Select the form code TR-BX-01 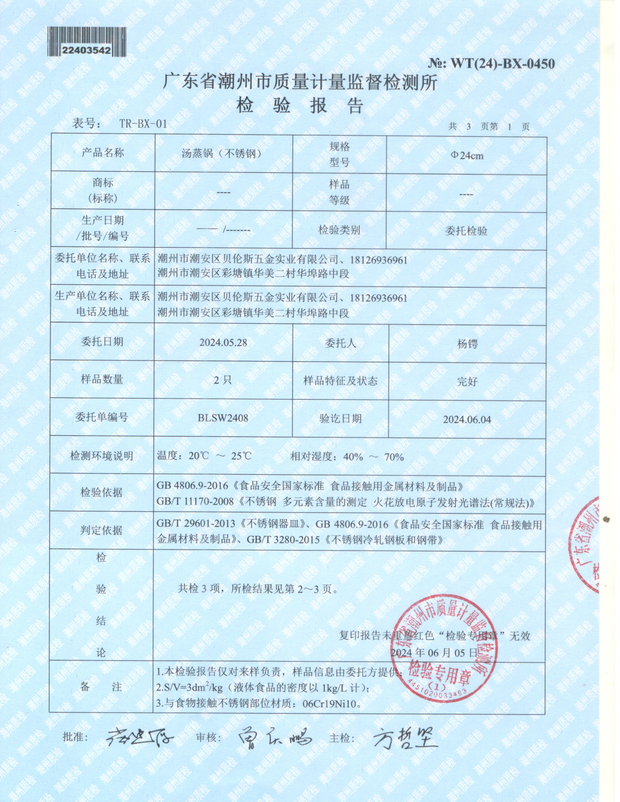point(143,124)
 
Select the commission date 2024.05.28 point(223,343)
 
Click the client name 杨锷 point(467,344)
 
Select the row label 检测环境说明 point(101,456)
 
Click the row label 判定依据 point(101,530)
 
